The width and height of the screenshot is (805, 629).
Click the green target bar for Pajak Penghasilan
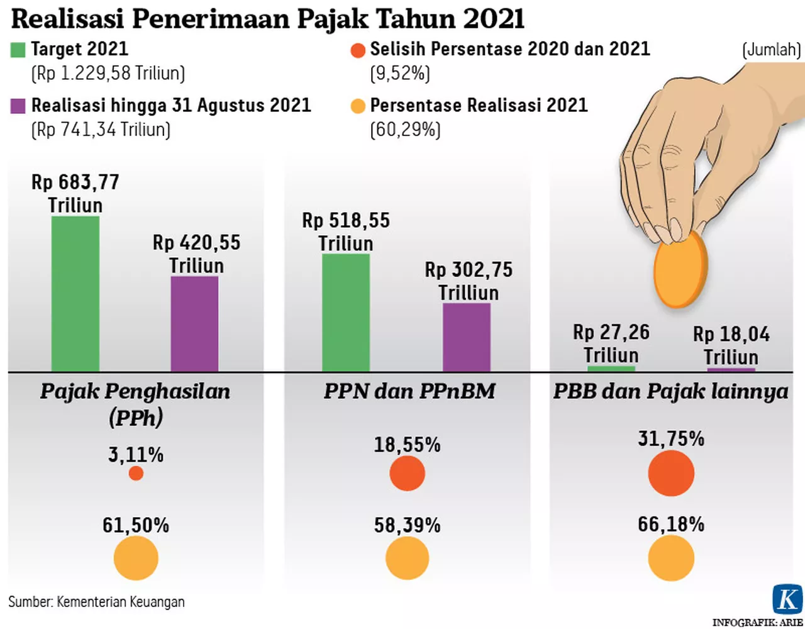coord(75,293)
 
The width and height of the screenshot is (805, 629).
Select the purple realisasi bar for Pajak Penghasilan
coord(195,323)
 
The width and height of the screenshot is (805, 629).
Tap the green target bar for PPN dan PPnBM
coord(346,312)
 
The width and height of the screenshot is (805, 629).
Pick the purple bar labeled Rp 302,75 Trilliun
coord(467,337)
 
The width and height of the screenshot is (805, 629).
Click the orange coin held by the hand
coord(680,269)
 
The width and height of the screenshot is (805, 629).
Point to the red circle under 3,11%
coord(136,473)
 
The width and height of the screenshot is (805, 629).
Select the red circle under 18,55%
coord(408,473)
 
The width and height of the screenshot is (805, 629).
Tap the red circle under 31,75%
coord(671,473)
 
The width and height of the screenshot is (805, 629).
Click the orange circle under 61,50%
coord(136,559)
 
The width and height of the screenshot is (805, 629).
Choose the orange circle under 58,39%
coord(408,559)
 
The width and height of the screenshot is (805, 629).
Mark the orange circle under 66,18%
coord(671,559)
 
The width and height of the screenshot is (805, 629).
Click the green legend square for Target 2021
coord(18,50)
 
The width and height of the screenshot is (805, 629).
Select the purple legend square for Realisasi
coord(18,106)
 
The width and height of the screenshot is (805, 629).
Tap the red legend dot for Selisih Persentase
coord(358,50)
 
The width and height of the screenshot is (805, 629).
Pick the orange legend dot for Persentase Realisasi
coord(358,106)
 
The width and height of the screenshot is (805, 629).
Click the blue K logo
coord(787,599)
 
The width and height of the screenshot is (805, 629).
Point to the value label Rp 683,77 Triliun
coord(75,193)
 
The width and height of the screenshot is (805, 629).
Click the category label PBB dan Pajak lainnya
coord(670,391)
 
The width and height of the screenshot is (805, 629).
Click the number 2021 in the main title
coord(494,19)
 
